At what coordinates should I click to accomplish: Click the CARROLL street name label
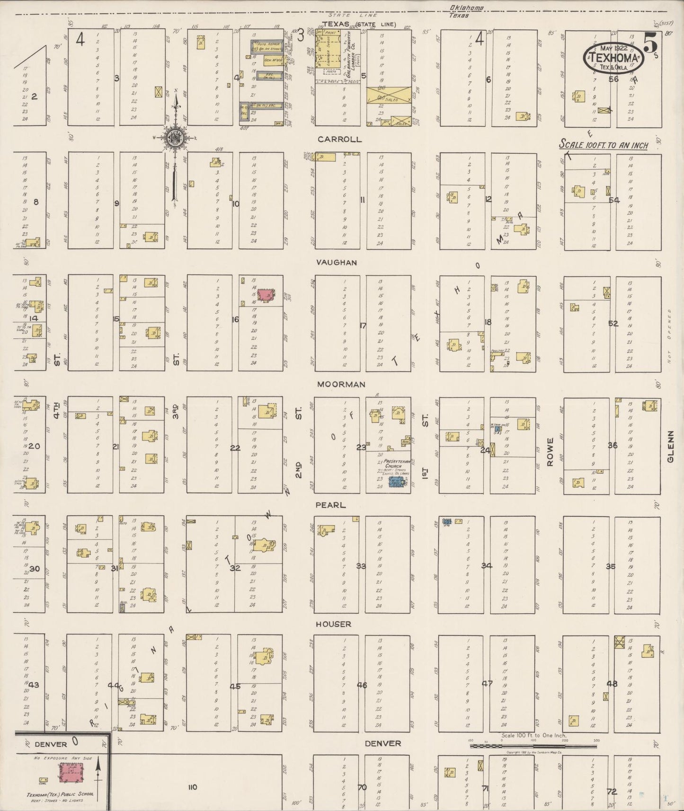[x=339, y=140]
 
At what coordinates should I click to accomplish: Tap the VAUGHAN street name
[x=338, y=262]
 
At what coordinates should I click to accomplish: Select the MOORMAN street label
[x=341, y=384]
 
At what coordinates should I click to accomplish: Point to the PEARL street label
[x=331, y=505]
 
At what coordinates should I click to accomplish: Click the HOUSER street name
[x=334, y=625]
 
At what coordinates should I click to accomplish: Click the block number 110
[x=192, y=787]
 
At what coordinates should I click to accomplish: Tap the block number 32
[x=235, y=568]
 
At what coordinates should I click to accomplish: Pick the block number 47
[x=487, y=683]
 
